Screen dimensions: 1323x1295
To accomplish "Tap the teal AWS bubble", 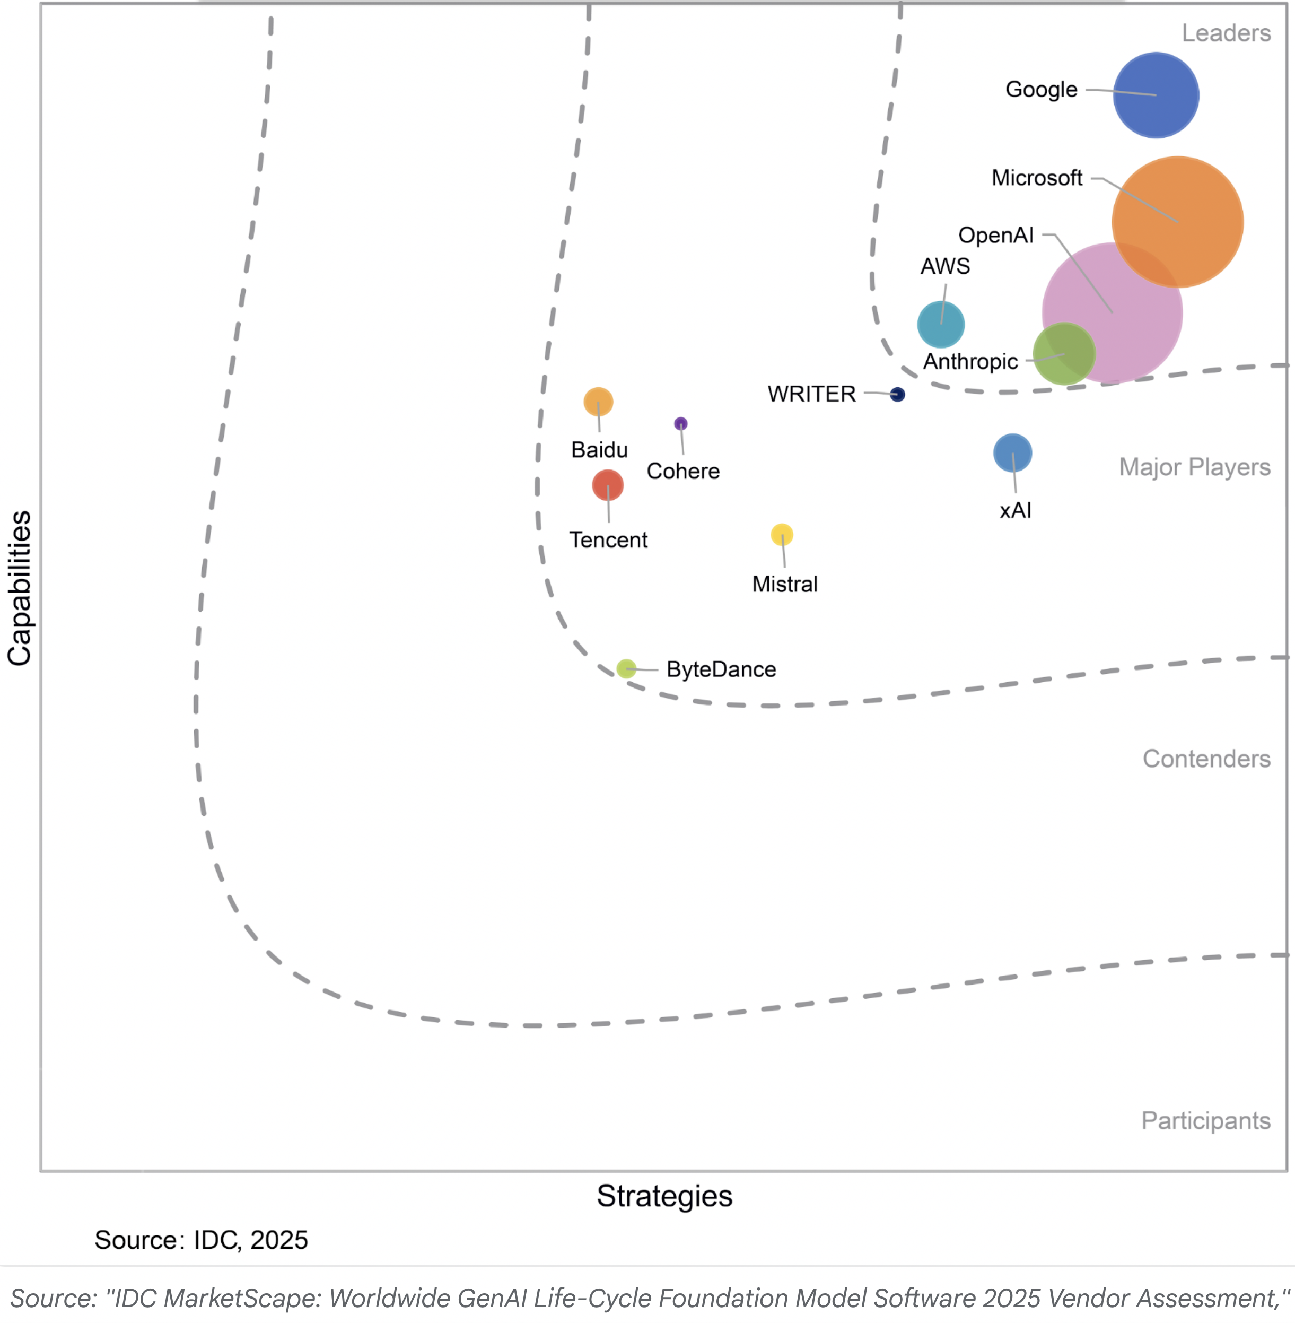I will [941, 325].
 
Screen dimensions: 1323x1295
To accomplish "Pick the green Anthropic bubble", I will [1064, 354].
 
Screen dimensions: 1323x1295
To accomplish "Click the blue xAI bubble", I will [1012, 453].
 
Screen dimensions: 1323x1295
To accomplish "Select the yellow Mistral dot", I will [782, 535].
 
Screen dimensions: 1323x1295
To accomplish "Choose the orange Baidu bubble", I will [598, 402].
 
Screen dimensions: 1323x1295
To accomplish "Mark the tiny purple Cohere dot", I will [680, 424].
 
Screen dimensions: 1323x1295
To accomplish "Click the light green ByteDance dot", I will [626, 668].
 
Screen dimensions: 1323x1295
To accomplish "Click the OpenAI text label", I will [995, 236].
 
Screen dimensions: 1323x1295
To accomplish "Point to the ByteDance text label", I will [721, 669].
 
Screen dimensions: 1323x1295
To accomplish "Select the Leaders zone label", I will [1226, 33].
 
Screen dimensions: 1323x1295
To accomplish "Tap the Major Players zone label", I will [1194, 467].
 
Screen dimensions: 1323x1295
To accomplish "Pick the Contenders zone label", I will [1206, 759].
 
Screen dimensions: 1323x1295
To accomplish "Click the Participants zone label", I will [1205, 1120].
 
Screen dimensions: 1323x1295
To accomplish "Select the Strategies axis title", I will [664, 1196].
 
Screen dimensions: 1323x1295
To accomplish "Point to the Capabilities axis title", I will [19, 588].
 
